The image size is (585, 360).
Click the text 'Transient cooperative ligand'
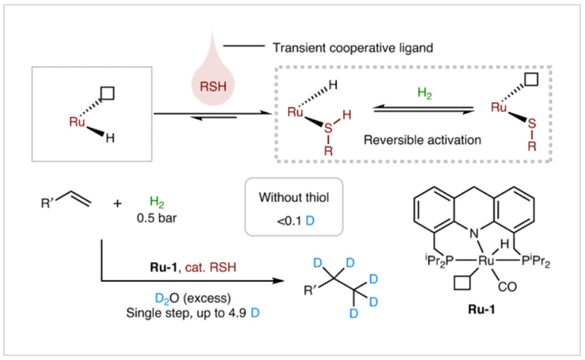[353, 48]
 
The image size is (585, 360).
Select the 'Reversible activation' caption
[422, 139]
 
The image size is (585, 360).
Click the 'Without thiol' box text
[294, 197]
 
